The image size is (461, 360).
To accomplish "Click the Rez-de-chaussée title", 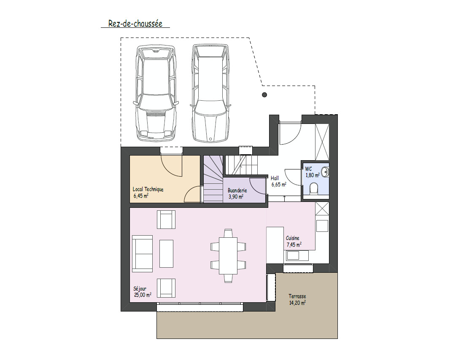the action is [135, 24].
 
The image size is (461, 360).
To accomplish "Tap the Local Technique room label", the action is [148, 189].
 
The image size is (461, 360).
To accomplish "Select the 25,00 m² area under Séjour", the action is [143, 295].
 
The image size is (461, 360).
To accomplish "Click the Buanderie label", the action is [237, 191].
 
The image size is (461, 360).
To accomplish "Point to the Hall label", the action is [275, 178].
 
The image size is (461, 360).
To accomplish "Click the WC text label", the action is [308, 169].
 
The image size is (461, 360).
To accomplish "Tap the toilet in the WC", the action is [314, 189].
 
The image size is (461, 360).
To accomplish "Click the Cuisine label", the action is [293, 238].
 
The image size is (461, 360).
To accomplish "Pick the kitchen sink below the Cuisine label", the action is [297, 255].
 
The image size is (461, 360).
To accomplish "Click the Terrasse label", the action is [297, 296].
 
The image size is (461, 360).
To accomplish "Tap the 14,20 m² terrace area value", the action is [297, 303].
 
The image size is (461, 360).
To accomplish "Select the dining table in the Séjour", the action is [228, 256].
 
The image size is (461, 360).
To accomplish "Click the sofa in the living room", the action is [143, 254].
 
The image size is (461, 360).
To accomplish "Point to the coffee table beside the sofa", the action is [167, 254].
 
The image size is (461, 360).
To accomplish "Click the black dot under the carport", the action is [264, 94].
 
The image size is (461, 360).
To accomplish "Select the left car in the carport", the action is [156, 93].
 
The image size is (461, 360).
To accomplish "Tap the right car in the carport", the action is [210, 94].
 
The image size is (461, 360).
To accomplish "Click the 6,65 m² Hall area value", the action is [279, 185].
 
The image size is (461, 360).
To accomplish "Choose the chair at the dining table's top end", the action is [228, 233].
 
